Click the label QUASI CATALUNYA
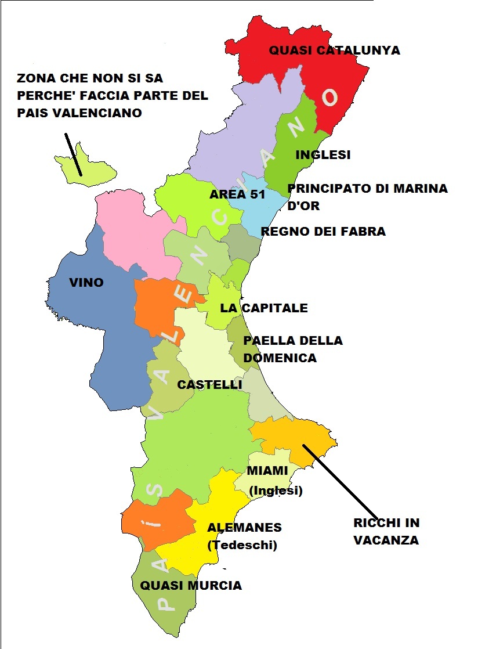point(334,51)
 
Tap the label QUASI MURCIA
point(191,585)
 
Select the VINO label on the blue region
point(86,283)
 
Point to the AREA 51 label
point(237,194)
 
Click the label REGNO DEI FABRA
point(323,232)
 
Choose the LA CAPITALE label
point(264,308)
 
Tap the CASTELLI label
point(209,384)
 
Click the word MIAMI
point(267,470)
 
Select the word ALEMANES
point(244,528)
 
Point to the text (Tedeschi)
point(242,545)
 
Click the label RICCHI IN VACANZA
point(386,531)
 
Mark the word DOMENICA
point(280,358)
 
